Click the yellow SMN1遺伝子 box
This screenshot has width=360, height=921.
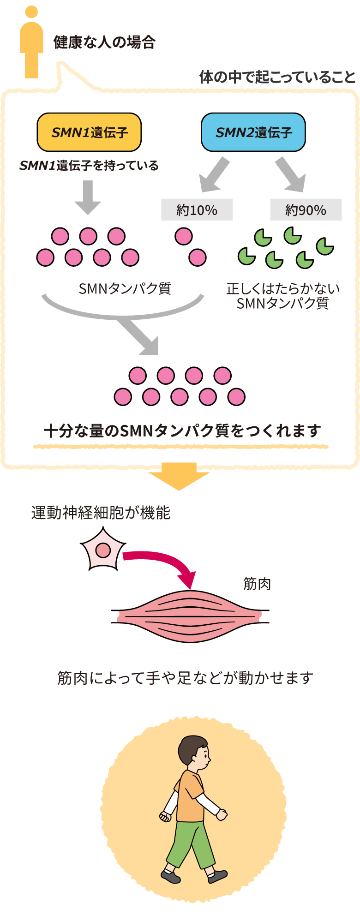(89, 132)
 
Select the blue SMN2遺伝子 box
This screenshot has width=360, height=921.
(253, 132)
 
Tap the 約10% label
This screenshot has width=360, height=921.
(197, 210)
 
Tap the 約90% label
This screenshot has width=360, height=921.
(306, 210)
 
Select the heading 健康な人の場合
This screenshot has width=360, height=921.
(104, 42)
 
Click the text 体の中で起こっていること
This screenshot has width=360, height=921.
(277, 77)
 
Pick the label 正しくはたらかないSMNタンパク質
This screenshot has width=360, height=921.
(283, 296)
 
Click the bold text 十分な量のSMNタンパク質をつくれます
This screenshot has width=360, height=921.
(182, 431)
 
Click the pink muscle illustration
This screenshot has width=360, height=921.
(190, 616)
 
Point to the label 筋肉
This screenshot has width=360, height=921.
(257, 584)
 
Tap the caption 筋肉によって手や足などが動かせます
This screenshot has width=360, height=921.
(185, 678)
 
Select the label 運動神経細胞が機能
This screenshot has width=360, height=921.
(101, 513)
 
